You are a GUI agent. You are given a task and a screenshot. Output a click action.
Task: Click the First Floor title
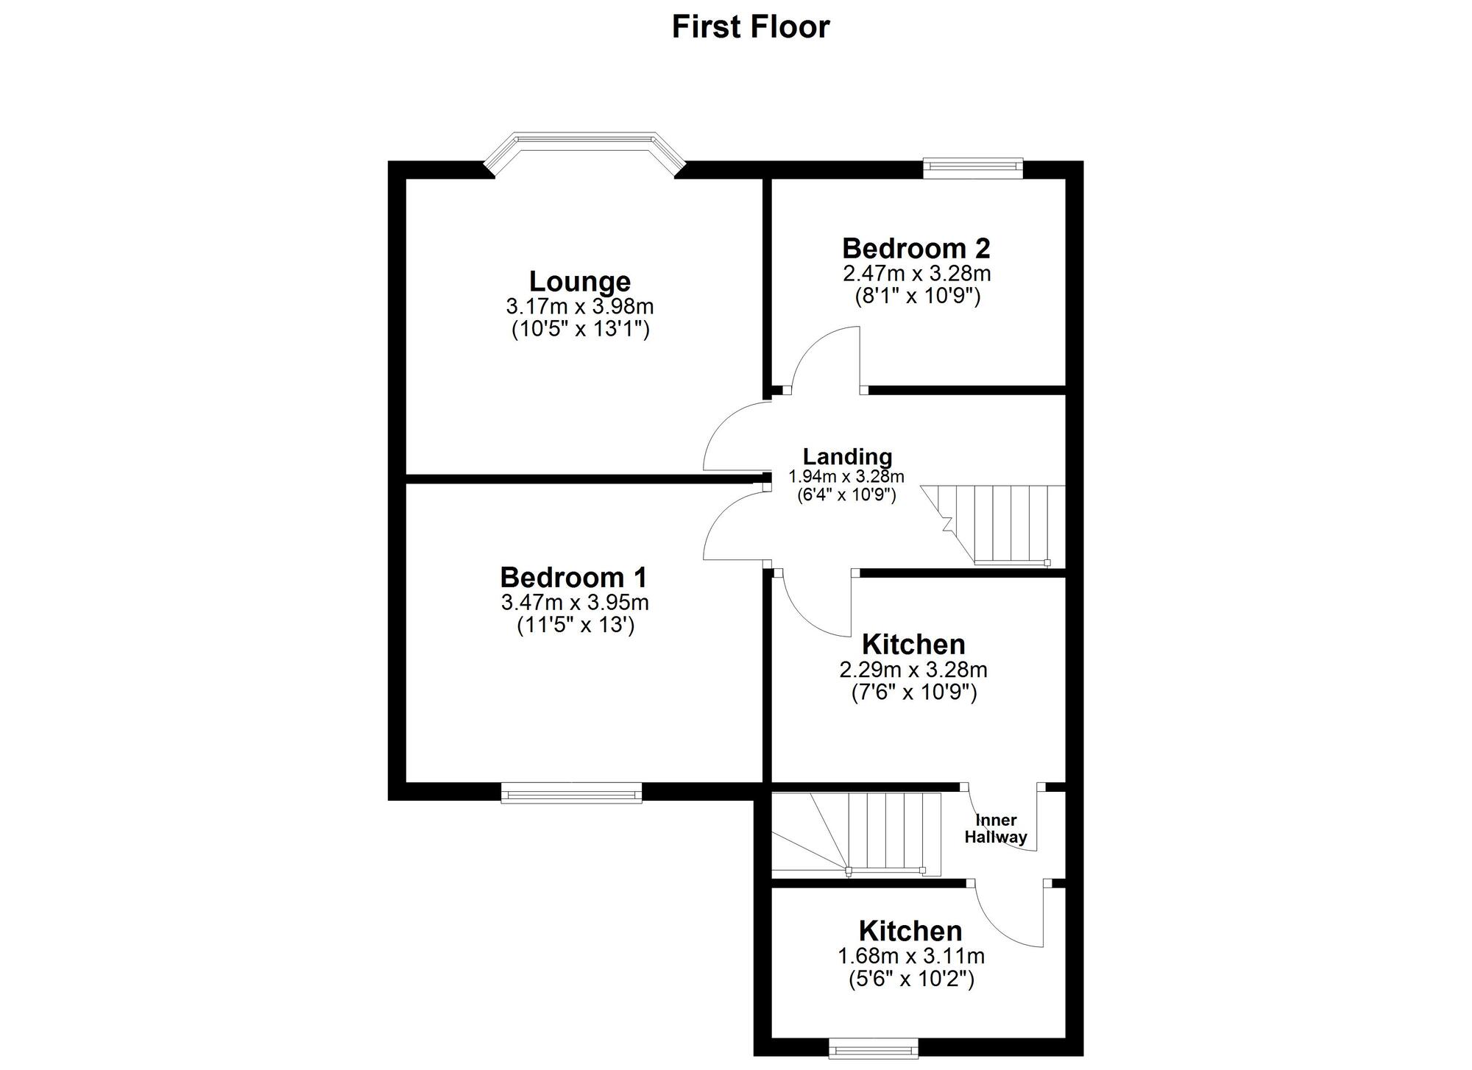point(750,27)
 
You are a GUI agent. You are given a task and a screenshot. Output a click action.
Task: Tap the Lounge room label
point(580,281)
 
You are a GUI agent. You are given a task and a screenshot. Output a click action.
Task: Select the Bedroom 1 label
point(573,576)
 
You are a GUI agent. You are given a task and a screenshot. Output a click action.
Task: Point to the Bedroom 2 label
point(916,248)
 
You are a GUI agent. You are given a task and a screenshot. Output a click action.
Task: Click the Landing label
point(847,456)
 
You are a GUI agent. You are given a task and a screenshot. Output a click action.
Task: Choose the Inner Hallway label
point(996,829)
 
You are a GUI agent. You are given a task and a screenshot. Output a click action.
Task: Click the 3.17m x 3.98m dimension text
point(580,306)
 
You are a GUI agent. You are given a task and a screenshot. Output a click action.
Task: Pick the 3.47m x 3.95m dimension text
point(575,603)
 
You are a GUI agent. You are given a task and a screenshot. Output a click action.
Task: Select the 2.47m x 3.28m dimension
point(916,274)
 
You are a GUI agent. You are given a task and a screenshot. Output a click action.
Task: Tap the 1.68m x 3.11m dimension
point(911,957)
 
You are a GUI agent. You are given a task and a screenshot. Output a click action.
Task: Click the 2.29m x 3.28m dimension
point(913,670)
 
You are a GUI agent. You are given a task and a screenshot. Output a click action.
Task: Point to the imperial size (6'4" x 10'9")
point(846,495)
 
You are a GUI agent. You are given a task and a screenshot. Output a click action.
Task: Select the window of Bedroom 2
point(973,168)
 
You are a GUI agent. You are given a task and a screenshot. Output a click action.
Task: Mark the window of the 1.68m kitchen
point(874,1048)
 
